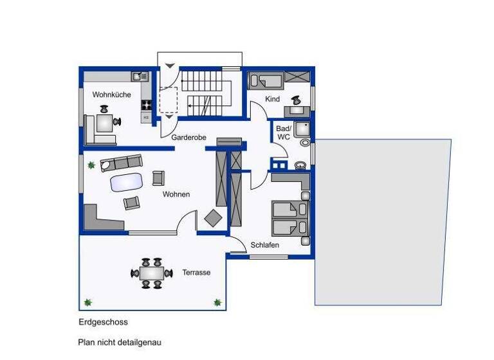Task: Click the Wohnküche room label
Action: coord(111,94)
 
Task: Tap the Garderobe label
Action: coord(188,138)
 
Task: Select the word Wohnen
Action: coord(176,194)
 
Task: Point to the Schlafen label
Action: coord(265,245)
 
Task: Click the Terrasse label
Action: coord(196,273)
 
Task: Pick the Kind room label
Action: coord(273,99)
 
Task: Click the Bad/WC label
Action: coord(283,132)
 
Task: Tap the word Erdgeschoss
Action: coord(104,322)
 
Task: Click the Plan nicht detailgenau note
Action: coord(120,343)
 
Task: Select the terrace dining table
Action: coord(152,273)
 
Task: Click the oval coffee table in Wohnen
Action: coord(126,183)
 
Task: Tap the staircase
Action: coord(205,94)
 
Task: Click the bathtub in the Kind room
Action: coord(266,81)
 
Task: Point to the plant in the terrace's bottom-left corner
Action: coord(88,301)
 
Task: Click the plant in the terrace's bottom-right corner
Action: coord(217,301)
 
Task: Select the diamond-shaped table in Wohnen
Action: coord(212,219)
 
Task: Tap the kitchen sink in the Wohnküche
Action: coord(138,76)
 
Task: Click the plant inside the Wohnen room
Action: coord(91,166)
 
